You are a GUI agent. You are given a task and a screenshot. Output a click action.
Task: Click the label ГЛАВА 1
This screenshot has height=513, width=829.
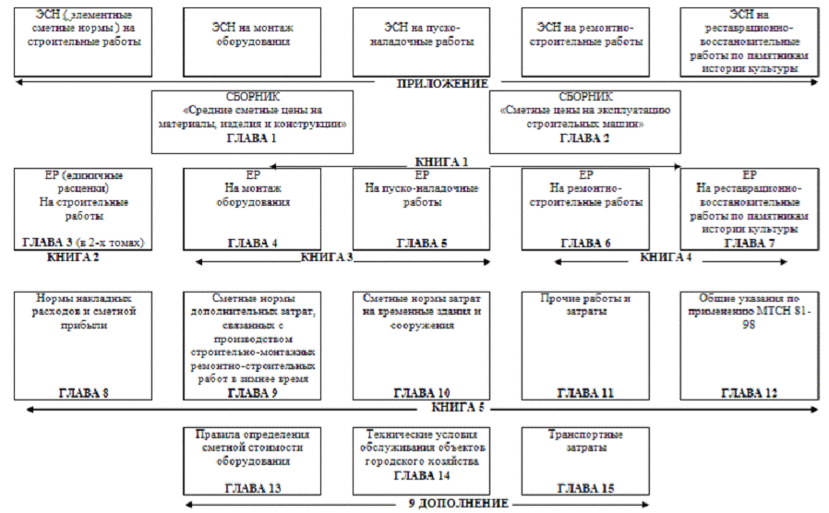251,137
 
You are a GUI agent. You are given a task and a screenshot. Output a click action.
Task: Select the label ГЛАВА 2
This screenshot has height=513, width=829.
585,137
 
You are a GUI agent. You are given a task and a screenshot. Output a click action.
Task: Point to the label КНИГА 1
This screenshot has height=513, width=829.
441,162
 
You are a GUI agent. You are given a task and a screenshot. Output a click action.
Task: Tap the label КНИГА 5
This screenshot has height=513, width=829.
458,407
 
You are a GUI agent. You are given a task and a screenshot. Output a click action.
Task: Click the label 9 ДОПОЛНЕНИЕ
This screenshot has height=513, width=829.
458,504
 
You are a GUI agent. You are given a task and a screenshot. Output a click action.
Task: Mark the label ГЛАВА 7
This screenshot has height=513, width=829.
749,243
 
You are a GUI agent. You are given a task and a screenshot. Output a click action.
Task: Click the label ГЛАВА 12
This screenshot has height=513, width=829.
749,393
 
